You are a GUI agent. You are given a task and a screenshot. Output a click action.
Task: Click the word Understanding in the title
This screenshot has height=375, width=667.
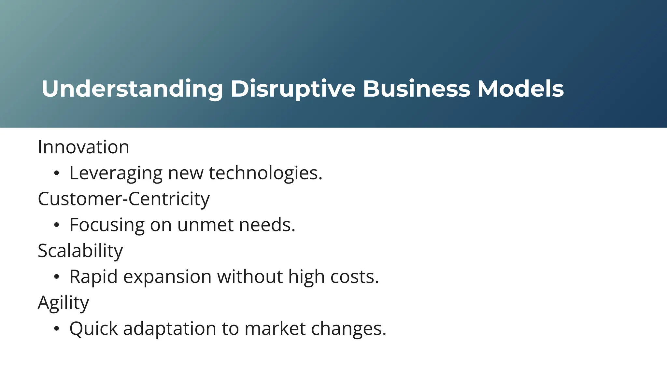pos(132,89)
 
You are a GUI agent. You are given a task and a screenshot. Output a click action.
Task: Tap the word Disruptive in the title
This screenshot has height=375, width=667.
pos(293,89)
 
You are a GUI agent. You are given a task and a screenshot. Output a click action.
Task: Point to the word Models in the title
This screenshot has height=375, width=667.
pos(520,89)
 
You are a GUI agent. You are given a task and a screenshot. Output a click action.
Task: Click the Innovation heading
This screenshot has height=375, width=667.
pos(83,147)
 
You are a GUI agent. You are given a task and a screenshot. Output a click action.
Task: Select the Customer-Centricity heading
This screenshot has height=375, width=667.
pos(124,199)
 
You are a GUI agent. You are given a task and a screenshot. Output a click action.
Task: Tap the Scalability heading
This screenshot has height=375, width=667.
pos(80,251)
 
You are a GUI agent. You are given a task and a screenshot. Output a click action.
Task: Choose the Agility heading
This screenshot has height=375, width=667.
pos(63,303)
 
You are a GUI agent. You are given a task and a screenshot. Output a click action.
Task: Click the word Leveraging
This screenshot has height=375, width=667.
pos(116,173)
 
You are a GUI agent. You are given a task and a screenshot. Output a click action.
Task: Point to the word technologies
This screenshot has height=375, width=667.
pos(265,173)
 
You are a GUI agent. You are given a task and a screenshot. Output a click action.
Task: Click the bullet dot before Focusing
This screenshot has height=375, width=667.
pos(56,225)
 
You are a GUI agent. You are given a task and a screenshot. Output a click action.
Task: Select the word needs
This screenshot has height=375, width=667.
pos(267,225)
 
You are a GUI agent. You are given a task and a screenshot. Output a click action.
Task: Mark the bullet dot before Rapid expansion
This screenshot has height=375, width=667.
pos(56,277)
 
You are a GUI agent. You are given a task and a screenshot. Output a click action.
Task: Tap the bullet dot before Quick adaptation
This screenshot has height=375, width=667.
pos(56,329)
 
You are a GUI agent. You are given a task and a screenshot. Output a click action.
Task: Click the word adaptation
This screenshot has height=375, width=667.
pos(169,329)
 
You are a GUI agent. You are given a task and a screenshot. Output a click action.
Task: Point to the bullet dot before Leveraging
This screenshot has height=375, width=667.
pos(56,174)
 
